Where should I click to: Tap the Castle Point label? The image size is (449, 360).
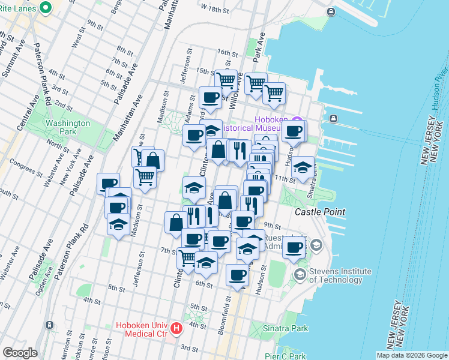click(x=320, y=212)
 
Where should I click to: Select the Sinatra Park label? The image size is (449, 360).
click(x=287, y=328)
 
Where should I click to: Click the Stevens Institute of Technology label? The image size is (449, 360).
click(x=340, y=276)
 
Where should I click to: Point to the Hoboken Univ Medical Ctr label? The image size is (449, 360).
click(x=142, y=329)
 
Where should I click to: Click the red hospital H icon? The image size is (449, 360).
click(x=176, y=328)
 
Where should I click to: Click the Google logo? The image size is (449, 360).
click(x=20, y=353)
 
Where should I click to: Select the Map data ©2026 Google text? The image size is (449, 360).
click(x=412, y=355)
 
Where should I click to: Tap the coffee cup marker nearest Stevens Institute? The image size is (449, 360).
click(x=294, y=247)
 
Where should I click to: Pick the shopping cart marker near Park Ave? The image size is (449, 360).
click(x=256, y=83)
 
